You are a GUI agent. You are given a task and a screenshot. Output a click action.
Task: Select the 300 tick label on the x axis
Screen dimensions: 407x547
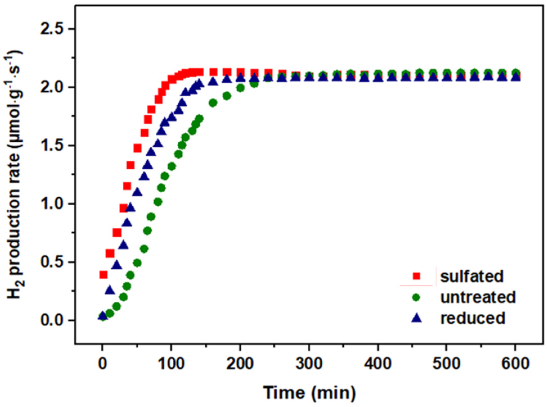tap(309, 363)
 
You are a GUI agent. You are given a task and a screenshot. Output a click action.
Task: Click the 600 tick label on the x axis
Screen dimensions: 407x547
tap(515, 363)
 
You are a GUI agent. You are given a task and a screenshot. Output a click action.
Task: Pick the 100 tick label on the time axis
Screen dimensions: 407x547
tap(171, 363)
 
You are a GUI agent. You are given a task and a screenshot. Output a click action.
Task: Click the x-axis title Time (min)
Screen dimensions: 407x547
tap(309, 392)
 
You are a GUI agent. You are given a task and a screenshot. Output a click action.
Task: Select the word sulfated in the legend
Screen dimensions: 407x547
tap(472, 276)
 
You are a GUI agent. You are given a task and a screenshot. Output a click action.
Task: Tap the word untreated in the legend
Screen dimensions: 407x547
tap(478, 297)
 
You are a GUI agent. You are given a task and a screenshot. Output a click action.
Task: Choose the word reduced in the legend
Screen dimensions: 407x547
tap(473, 318)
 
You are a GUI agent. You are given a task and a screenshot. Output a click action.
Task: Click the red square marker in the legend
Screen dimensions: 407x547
tap(416, 276)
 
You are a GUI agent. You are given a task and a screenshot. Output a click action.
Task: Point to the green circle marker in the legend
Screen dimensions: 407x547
tap(416, 297)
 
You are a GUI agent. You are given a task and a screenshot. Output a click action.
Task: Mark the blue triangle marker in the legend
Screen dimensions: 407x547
tap(416, 318)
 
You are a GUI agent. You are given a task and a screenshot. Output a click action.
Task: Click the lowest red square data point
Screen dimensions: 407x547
tap(103, 275)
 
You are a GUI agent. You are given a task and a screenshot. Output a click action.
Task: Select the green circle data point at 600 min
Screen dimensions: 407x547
tap(515, 72)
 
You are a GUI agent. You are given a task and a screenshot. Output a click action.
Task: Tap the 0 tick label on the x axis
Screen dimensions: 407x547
tap(102, 363)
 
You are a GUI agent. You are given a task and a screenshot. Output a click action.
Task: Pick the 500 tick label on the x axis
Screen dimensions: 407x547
tap(446, 363)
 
